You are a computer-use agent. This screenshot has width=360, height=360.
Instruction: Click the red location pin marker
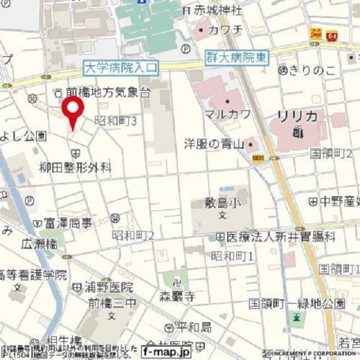[x=73, y=112]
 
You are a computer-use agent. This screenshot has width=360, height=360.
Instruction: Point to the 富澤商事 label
[x=67, y=222]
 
